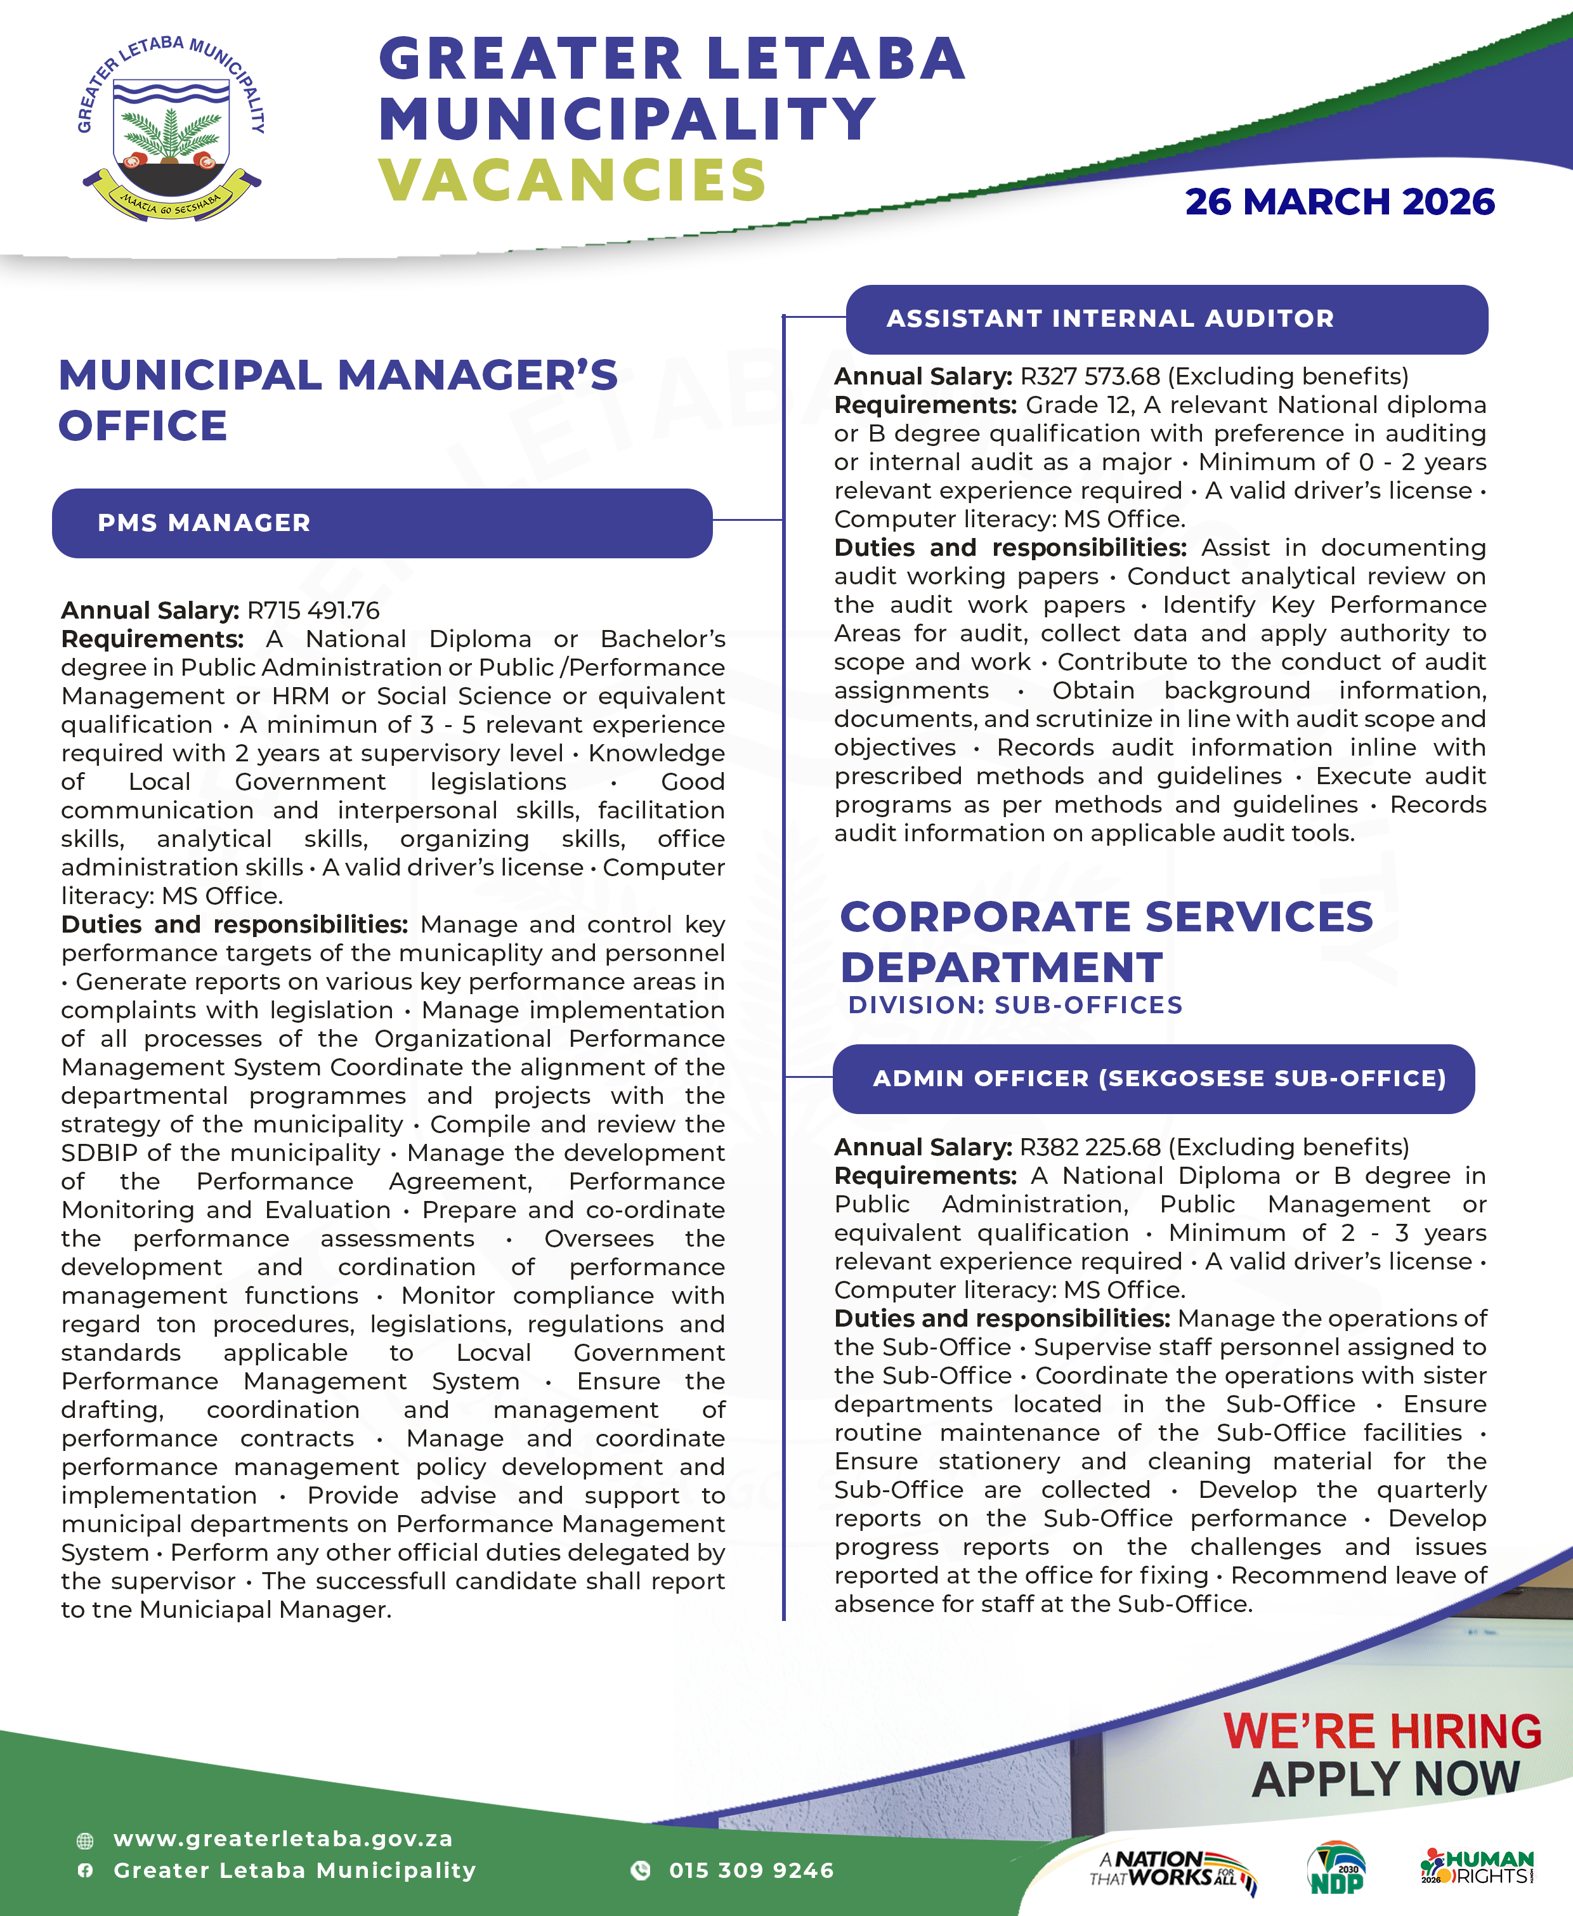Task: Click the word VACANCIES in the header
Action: (573, 180)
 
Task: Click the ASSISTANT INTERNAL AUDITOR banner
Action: (1166, 319)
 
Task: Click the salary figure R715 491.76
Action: (313, 611)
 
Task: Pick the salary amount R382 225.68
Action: (1090, 1148)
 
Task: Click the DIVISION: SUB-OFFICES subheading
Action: (1015, 1005)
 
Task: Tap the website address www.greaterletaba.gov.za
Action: (283, 1839)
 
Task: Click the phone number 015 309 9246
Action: (751, 1871)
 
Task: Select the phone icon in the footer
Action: (641, 1871)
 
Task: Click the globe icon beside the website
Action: (85, 1841)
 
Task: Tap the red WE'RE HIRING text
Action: (1382, 1731)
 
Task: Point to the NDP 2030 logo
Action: (1336, 1869)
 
